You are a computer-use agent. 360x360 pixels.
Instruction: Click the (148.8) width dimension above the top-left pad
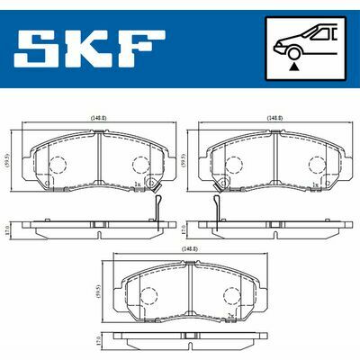(97, 117)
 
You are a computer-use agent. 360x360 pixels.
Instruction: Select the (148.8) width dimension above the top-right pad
(274, 117)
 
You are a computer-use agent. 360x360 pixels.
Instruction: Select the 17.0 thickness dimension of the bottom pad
(99, 344)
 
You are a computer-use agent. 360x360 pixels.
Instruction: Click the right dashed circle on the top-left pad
(139, 166)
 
